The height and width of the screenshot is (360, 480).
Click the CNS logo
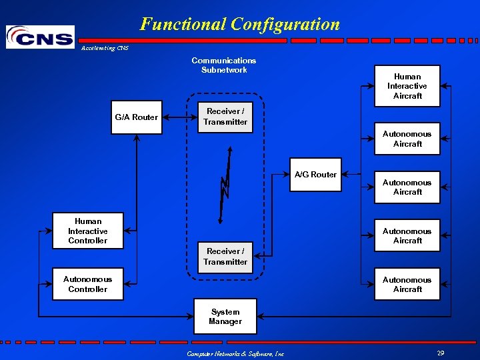[x=40, y=37]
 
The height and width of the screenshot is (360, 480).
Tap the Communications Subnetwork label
[x=224, y=65]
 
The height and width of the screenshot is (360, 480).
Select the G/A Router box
[x=136, y=117]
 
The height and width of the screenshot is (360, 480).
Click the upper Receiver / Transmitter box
[x=225, y=117]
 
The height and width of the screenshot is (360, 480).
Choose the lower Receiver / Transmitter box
[x=225, y=257]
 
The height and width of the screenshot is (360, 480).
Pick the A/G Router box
[x=315, y=175]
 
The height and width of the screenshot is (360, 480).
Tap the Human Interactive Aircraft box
[x=407, y=86]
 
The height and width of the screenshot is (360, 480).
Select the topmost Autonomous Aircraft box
[x=407, y=139]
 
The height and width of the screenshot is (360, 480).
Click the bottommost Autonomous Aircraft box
[x=407, y=285]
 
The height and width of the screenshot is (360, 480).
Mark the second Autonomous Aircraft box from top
[x=407, y=187]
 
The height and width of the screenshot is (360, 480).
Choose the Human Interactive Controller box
[x=88, y=231]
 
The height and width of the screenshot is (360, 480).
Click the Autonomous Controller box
[x=88, y=284]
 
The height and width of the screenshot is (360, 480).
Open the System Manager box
[x=225, y=317]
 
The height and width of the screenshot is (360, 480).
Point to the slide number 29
[x=441, y=353]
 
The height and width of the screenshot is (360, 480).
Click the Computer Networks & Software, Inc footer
[x=235, y=353]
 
